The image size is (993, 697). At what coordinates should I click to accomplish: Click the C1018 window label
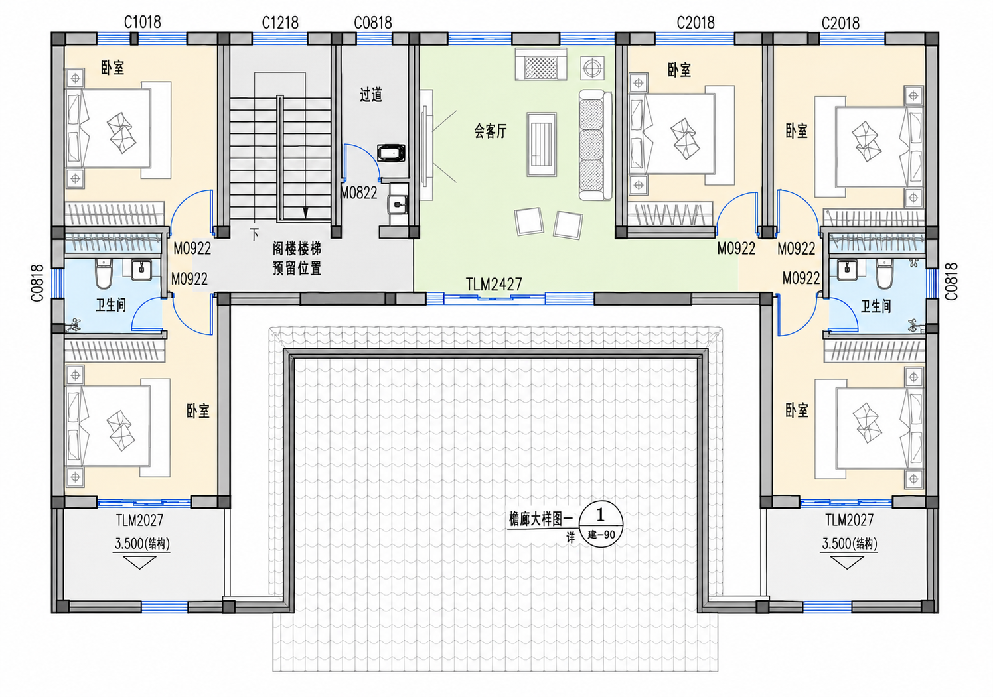[142, 22]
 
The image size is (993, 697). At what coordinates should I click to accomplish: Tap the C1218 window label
[280, 22]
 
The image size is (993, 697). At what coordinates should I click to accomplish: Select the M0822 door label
[358, 192]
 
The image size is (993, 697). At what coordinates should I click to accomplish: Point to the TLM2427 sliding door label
[494, 285]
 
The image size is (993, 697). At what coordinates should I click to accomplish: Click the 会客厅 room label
[491, 131]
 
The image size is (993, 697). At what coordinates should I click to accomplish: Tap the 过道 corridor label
[371, 94]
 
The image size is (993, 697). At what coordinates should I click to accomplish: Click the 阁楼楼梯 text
[297, 249]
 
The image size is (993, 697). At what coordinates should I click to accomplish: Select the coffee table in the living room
[542, 145]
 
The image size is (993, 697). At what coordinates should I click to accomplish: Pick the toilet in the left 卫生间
[104, 273]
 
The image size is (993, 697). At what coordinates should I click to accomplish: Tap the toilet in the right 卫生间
[884, 273]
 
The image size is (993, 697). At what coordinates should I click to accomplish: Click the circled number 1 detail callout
[601, 525]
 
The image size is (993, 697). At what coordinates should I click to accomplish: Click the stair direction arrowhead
[305, 213]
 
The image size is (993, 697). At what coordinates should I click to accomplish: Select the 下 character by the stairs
[254, 234]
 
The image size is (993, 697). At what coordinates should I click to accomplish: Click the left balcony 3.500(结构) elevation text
[142, 543]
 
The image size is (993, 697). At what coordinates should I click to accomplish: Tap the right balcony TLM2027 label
[849, 520]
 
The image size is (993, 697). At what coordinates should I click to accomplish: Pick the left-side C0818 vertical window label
[37, 283]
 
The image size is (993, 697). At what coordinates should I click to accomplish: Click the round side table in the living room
[593, 68]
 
